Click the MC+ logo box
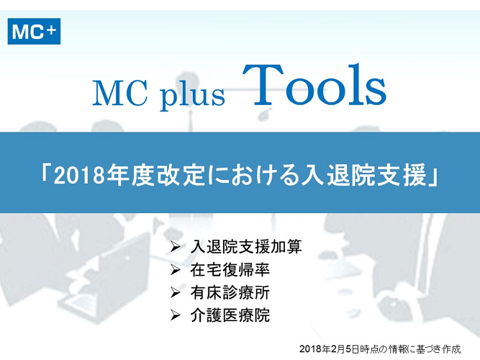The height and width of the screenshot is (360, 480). pyautogui.click(x=34, y=31)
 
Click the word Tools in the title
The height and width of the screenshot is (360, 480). pyautogui.click(x=314, y=85)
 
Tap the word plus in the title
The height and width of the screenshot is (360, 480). pyautogui.click(x=193, y=95)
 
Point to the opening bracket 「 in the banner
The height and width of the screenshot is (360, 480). pyautogui.click(x=47, y=175)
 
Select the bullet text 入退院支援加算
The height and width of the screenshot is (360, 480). pyautogui.click(x=246, y=247)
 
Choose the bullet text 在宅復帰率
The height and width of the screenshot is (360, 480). pyautogui.click(x=230, y=269)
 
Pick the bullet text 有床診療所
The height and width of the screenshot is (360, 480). pyautogui.click(x=230, y=292)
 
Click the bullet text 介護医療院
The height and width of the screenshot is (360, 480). pyautogui.click(x=230, y=315)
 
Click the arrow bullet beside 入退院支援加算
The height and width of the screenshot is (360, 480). pyautogui.click(x=176, y=247)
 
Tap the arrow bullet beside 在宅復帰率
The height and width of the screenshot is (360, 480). pyautogui.click(x=176, y=269)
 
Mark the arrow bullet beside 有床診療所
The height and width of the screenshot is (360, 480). pyautogui.click(x=176, y=292)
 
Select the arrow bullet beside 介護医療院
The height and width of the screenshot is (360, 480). pyautogui.click(x=176, y=315)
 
